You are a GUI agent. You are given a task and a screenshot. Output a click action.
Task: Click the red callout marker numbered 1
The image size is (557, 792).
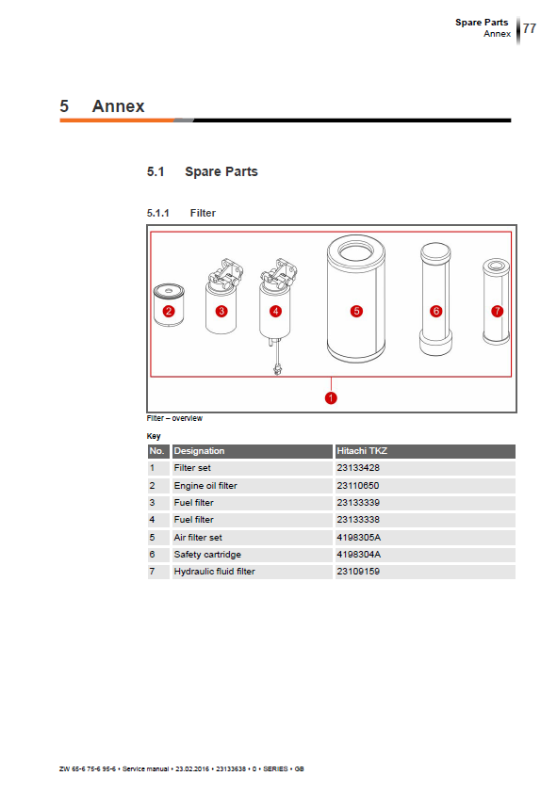[331, 398]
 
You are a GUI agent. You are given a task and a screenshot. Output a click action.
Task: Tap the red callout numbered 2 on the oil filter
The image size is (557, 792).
[169, 311]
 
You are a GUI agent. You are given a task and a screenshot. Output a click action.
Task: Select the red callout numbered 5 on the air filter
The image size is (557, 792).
[356, 311]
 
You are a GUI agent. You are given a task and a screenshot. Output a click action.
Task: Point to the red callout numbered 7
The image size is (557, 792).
[498, 311]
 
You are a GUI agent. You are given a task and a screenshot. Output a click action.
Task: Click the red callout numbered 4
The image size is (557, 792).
[275, 311]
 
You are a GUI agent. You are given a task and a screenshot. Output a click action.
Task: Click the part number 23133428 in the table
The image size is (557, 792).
[358, 468]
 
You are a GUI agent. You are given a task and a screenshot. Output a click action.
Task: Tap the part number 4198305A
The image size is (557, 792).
[358, 538]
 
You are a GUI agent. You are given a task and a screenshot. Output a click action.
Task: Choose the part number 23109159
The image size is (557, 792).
[358, 572]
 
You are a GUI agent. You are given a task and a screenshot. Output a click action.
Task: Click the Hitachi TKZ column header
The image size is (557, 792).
[362, 450]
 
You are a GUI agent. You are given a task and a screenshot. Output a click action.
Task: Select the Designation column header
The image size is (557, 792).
[199, 451]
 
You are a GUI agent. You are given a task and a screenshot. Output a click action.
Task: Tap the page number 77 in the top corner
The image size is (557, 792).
[530, 28]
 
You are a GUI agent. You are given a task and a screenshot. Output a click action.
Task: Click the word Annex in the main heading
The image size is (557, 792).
[118, 106]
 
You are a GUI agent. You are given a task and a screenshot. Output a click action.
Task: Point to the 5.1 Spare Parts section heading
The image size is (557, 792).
[203, 171]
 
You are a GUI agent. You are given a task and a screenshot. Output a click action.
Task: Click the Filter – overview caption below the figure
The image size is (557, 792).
[174, 418]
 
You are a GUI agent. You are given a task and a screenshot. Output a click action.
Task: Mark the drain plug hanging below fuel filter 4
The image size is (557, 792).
[277, 369]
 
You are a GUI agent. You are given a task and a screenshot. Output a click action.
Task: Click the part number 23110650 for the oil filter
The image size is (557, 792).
[358, 485]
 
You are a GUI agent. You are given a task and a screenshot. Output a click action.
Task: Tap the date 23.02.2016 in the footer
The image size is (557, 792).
[192, 768]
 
